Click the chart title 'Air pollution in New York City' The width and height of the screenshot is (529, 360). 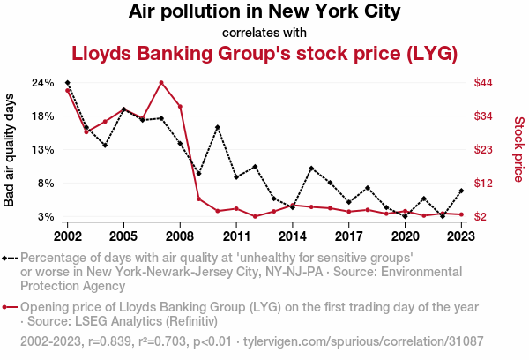click(264, 12)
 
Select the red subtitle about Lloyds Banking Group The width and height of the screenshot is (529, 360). click(264, 54)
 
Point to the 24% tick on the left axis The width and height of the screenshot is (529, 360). click(43, 83)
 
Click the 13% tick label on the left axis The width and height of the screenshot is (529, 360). click(43, 150)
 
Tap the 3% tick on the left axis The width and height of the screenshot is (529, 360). click(47, 217)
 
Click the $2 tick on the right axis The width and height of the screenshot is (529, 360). click(481, 217)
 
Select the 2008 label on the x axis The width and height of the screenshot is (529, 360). click(180, 236)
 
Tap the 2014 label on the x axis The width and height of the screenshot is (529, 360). click(293, 236)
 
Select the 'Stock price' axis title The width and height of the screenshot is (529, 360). click(518, 150)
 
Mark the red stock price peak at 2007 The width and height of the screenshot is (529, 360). click(161, 83)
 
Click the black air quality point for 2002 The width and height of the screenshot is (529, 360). click(68, 83)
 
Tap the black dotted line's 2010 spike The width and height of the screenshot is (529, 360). click(218, 127)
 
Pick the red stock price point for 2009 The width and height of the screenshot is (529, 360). click(198, 199)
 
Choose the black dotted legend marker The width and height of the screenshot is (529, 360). click(10, 258)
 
